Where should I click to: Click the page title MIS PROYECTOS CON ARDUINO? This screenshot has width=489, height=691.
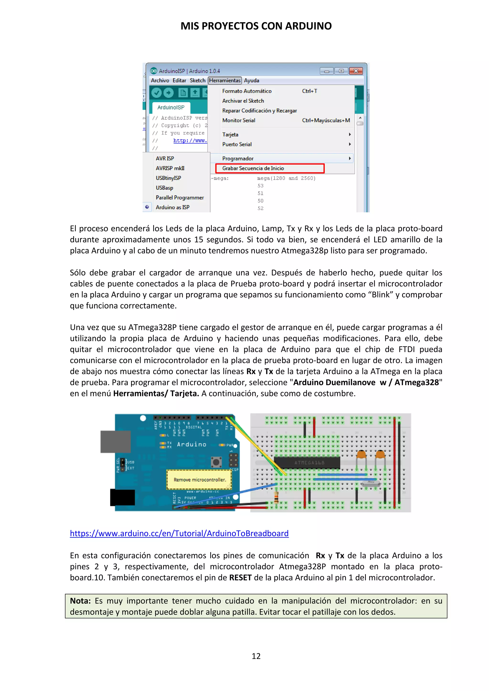click(256, 26)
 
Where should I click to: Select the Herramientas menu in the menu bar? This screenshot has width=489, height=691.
click(225, 80)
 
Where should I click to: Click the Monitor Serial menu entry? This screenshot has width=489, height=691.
click(239, 120)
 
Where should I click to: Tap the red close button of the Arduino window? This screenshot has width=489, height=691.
click(356, 71)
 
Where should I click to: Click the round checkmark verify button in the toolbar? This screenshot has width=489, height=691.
click(157, 93)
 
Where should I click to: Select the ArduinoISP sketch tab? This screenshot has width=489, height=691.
click(171, 107)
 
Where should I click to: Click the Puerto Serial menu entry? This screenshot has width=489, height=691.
click(237, 144)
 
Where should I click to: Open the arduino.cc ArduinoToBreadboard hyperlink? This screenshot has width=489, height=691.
click(179, 534)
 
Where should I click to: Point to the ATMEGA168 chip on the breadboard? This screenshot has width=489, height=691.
click(307, 463)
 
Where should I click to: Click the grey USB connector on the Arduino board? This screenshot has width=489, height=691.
click(116, 441)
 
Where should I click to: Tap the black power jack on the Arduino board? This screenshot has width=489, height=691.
click(122, 497)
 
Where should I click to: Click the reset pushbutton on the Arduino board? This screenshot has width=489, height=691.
click(216, 462)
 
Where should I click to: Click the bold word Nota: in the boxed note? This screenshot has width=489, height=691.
click(80, 601)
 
